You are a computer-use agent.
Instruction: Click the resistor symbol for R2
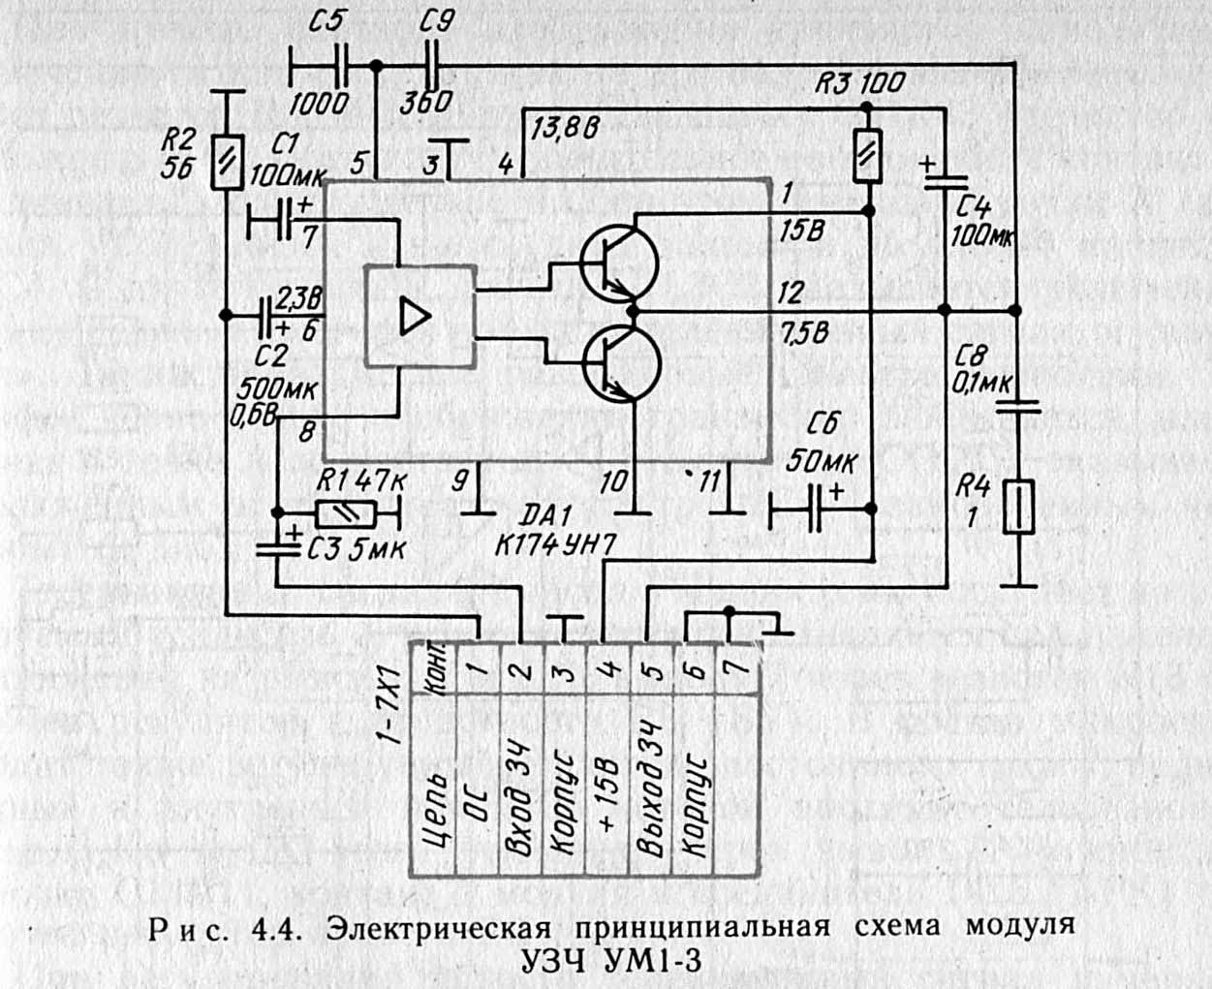click(x=227, y=158)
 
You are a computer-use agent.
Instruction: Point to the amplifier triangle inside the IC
click(x=415, y=317)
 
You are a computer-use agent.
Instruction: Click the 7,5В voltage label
click(x=804, y=333)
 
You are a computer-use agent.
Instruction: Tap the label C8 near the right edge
click(x=972, y=355)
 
